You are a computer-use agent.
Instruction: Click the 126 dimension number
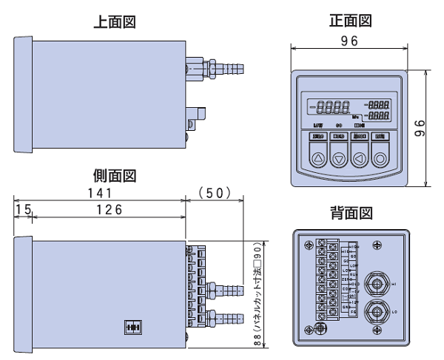tap(109, 209)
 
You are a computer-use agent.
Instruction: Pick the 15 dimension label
tap(21, 209)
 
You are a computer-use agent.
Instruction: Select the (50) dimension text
tap(218, 193)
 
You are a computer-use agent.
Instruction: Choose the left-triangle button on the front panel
tap(360, 157)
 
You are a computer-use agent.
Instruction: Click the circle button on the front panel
tap(380, 157)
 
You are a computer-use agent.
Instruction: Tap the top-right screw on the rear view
tap(400, 245)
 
